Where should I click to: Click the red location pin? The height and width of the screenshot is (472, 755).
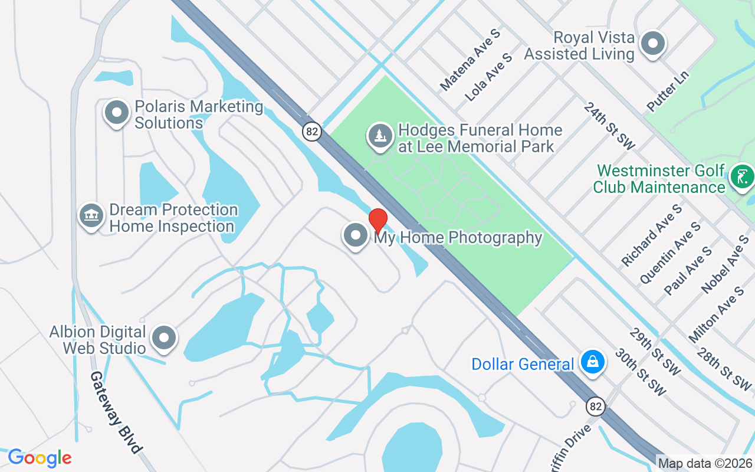(377, 221)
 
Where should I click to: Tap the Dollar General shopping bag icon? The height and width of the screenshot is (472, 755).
(593, 362)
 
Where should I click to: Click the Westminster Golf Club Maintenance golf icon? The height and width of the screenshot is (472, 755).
(742, 176)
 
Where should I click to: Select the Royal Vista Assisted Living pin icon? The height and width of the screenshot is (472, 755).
(653, 44)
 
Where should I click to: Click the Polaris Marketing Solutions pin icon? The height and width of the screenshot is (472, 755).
(116, 112)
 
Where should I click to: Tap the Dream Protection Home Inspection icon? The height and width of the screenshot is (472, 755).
(91, 215)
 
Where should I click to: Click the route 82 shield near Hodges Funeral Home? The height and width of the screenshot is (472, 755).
(312, 131)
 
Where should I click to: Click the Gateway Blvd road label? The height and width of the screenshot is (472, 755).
(116, 412)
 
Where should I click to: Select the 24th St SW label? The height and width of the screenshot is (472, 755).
(609, 124)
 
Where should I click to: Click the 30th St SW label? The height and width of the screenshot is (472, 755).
(640, 372)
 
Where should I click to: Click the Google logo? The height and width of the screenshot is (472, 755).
(40, 458)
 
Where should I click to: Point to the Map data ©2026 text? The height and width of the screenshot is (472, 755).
(705, 464)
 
